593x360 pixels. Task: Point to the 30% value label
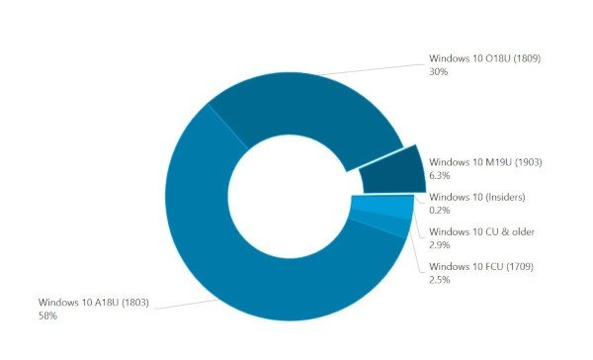[x=439, y=71]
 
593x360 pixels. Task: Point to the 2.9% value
[x=440, y=246]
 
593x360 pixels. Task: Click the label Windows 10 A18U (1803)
[x=94, y=302]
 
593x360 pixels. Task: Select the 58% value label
[x=47, y=315]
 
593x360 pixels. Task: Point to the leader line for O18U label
[x=376, y=68]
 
